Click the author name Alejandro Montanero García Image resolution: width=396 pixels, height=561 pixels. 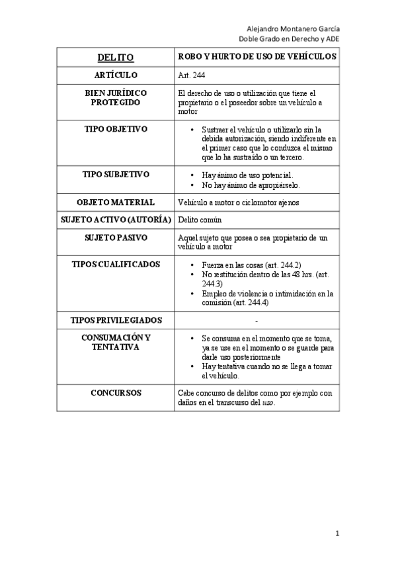(294, 29)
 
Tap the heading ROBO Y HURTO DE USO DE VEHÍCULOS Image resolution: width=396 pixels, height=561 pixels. (258, 57)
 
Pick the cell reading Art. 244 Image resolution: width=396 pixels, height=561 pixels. (192, 76)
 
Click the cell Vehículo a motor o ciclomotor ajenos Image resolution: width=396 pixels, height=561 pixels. (242, 202)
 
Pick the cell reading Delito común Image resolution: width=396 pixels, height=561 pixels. (200, 220)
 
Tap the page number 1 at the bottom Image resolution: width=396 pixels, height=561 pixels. (337, 533)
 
